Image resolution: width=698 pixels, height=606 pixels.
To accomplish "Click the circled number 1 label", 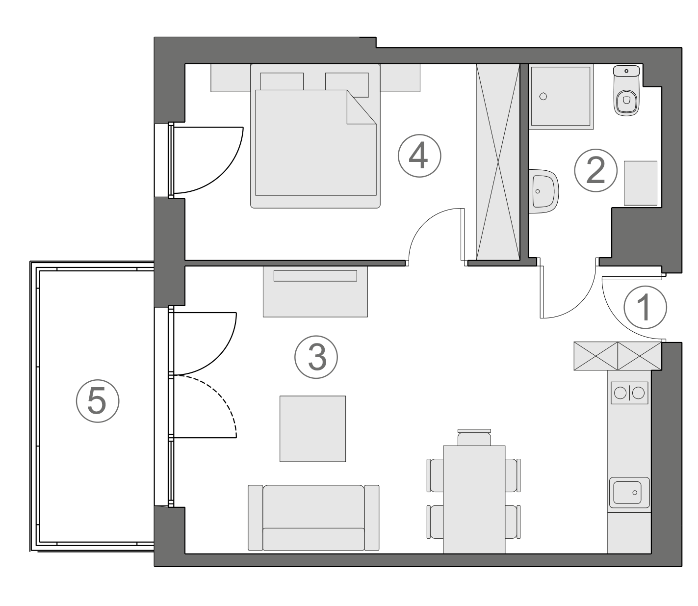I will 645,307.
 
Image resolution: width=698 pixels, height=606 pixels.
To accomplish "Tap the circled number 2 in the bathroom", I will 596,171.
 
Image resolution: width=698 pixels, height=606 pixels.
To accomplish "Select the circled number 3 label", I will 316,357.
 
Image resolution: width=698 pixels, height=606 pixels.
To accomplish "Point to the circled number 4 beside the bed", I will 419,156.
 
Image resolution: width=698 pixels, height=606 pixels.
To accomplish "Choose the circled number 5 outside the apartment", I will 98,402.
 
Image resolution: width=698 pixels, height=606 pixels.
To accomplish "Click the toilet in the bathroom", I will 627,93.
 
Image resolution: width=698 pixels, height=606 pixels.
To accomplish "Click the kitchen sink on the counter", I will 629,493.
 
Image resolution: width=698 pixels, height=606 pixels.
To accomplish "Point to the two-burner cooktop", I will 629,393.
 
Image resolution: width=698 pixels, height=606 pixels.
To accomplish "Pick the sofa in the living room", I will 313,518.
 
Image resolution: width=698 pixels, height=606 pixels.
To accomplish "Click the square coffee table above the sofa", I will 312,429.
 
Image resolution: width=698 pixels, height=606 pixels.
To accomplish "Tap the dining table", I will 474,499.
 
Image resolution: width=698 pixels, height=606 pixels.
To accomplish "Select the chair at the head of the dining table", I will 474,437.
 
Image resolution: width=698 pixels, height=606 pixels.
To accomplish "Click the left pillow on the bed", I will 282,81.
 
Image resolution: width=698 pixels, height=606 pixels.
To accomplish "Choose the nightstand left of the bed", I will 231,78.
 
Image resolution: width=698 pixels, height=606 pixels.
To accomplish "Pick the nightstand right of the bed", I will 400,78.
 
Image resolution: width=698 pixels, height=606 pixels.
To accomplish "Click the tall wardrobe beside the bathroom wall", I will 498,162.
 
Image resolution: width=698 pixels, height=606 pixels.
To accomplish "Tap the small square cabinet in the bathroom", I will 641,183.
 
